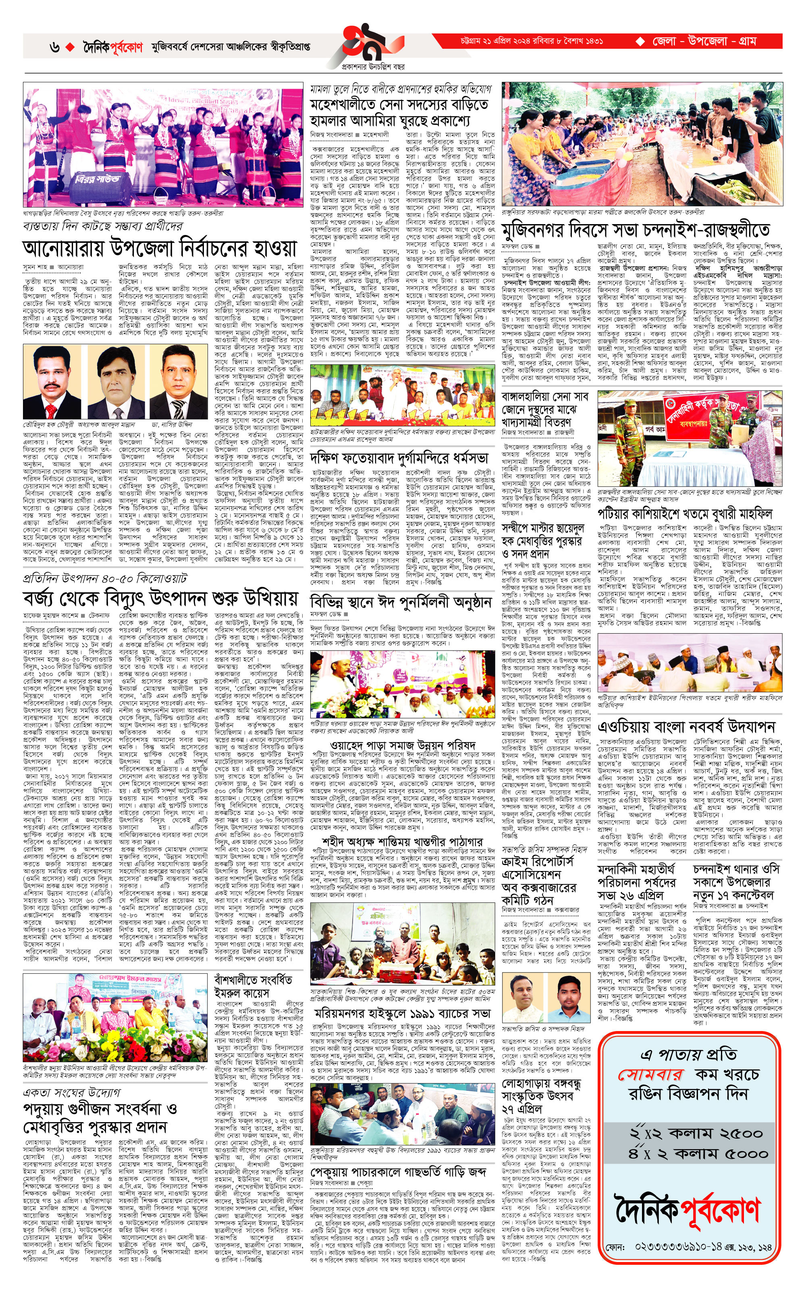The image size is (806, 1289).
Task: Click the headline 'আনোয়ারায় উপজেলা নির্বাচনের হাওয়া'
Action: [x=159, y=248]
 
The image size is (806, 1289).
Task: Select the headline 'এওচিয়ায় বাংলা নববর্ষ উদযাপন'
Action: [x=687, y=727]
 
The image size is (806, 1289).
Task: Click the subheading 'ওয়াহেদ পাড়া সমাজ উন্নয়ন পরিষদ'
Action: [x=403, y=745]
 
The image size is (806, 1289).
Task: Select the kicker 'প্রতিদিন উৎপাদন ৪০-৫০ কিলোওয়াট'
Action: [x=105, y=578]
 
